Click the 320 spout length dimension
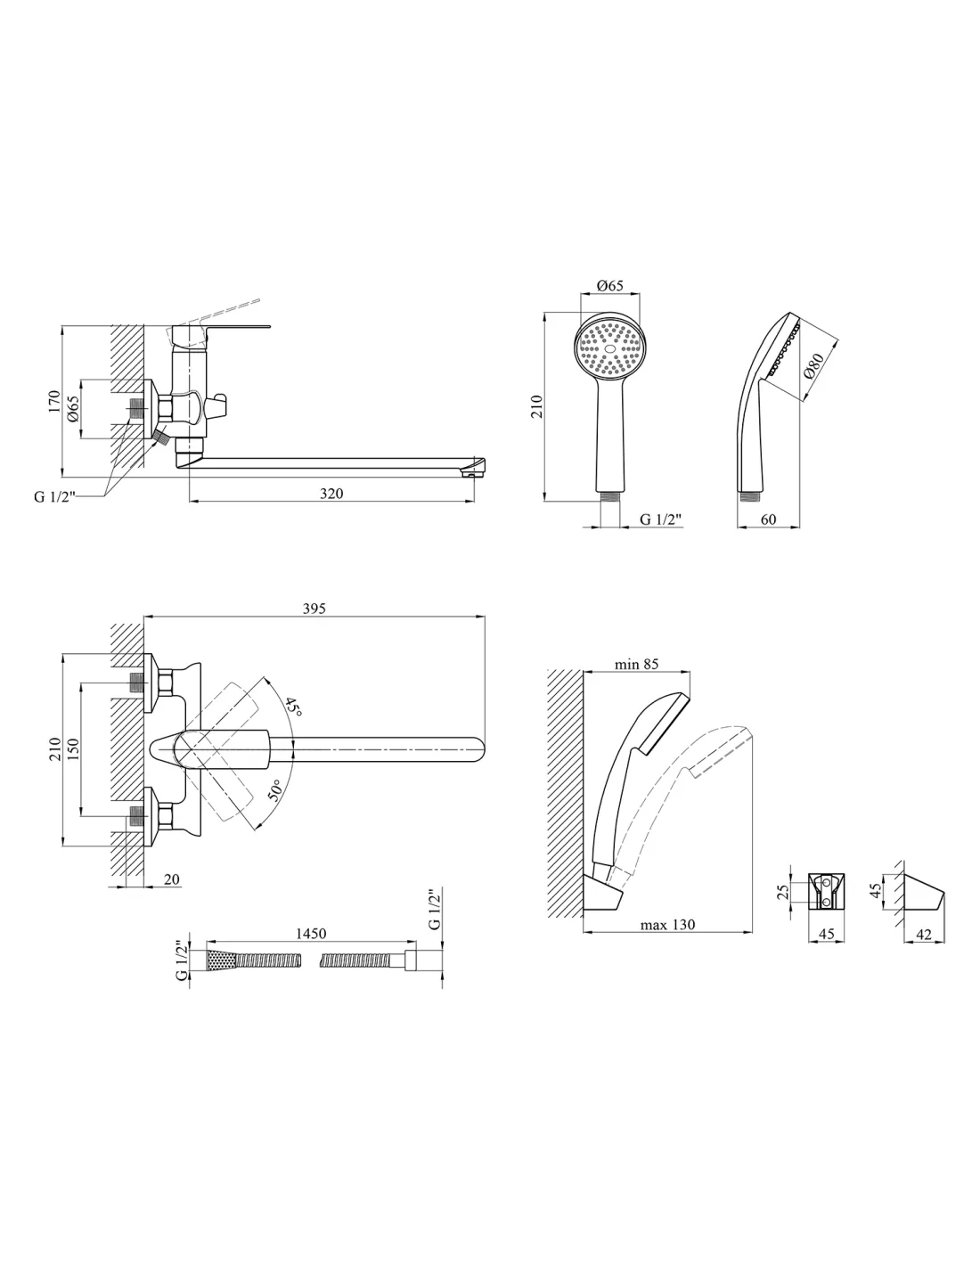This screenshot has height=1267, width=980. [x=331, y=494]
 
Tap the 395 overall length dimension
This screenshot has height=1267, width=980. [x=314, y=609]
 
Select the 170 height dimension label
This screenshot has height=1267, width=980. [x=54, y=402]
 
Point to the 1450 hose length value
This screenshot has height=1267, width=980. [x=311, y=934]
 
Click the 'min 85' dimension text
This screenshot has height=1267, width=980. [x=636, y=664]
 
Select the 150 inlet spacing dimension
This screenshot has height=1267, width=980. [x=73, y=750]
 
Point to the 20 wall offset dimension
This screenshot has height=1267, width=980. [x=171, y=879]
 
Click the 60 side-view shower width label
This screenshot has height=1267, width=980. [x=768, y=519]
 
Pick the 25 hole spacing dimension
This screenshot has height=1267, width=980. [x=783, y=892]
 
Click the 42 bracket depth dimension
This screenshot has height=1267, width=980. [x=924, y=934]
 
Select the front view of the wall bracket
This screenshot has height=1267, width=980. [x=826, y=892]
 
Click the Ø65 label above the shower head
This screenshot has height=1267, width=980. [x=609, y=285]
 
